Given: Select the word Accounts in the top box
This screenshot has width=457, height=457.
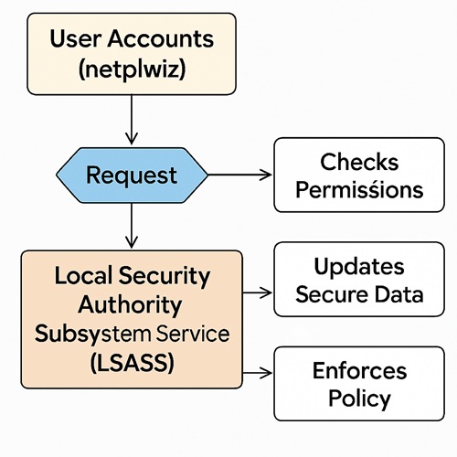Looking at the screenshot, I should coord(162,38).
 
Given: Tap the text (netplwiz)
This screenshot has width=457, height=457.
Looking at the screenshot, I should coord(132,69).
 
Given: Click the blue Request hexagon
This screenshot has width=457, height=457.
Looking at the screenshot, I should coord(132,174).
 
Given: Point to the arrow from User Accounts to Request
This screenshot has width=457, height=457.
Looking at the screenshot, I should coord(132,118).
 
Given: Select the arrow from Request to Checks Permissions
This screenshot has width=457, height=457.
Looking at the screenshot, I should coord(240,174).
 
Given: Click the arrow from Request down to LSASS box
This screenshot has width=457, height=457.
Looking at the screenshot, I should coord(132,226).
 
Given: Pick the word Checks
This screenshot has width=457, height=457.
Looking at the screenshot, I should coord(359,162).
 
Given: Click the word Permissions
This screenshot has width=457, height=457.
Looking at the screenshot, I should coord(359,190).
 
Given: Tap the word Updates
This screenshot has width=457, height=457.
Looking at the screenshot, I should coord(359,266).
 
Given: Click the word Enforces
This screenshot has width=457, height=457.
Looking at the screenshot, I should coord(359,370).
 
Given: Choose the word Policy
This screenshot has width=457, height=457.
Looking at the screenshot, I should coord(359,399).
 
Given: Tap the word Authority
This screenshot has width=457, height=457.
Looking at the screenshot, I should coord(131,303).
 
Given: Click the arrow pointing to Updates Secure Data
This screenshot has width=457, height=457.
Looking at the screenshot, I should coord(259,292).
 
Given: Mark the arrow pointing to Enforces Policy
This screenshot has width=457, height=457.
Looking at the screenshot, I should coord(259,372).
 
